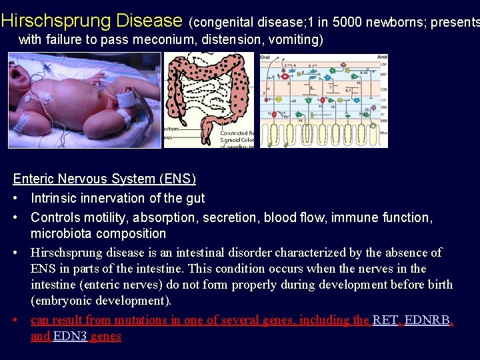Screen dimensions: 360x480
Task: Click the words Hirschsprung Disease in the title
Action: pos(91,21)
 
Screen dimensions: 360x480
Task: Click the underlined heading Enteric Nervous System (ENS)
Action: pos(105,179)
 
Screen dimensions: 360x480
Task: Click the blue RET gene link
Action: pos(385,320)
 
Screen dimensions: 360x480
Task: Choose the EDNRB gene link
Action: pos(427,320)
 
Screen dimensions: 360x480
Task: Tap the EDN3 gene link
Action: pos(69,336)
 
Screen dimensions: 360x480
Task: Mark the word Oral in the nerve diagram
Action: pos(265,58)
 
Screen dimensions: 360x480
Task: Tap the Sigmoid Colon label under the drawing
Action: pos(238,140)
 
